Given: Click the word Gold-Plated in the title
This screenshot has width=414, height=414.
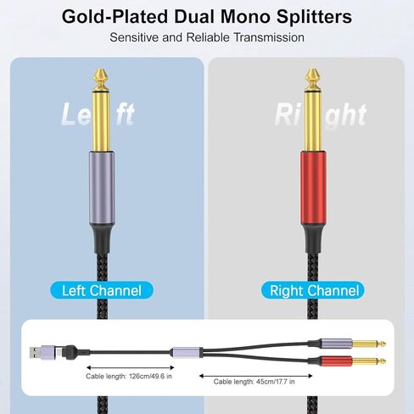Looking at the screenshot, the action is [115, 17].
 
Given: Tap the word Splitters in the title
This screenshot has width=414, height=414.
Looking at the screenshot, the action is [314, 17].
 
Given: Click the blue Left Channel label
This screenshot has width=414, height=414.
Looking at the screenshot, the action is [102, 290].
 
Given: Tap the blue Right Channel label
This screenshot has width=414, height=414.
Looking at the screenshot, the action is [313, 290].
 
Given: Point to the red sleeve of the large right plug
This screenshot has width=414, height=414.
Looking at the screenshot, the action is [313, 187].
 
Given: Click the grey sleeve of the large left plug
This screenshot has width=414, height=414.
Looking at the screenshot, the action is [102, 188].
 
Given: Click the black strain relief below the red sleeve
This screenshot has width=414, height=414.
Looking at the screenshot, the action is [313, 238].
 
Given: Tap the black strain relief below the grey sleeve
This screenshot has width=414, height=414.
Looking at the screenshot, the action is [102, 239].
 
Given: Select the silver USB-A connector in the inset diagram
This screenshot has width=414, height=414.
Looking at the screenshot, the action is [35, 353].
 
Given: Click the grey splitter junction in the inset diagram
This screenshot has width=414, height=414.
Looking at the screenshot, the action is [187, 352].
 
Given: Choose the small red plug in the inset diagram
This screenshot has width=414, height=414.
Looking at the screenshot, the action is [336, 361].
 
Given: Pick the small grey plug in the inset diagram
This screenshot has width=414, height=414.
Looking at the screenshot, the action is [336, 344].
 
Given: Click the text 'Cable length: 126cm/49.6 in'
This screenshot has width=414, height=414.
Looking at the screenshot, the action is [129, 377].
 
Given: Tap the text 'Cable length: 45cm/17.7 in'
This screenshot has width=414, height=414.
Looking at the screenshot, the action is [254, 382].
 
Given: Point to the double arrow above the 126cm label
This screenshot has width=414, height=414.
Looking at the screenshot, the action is [131, 367].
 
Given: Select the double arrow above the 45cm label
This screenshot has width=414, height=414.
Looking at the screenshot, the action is [256, 376].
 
